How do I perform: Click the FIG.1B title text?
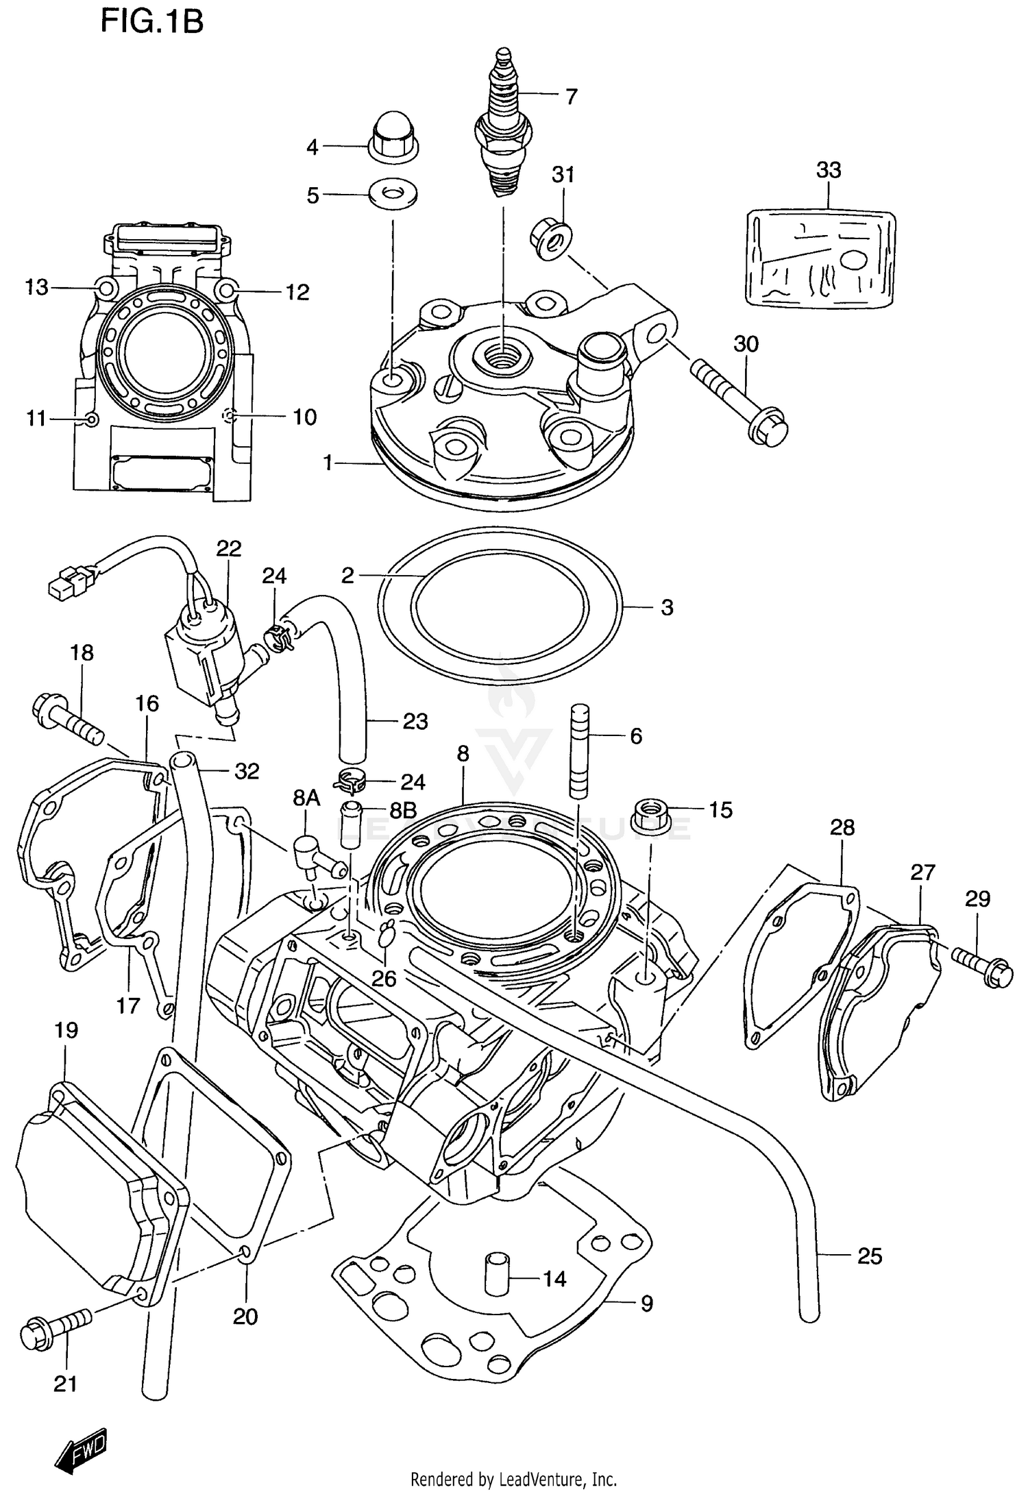pyautogui.click(x=151, y=22)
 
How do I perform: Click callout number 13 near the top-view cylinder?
pyautogui.click(x=37, y=287)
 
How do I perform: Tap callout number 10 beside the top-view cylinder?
pyautogui.click(x=305, y=417)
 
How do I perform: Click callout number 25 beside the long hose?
pyautogui.click(x=869, y=1256)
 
